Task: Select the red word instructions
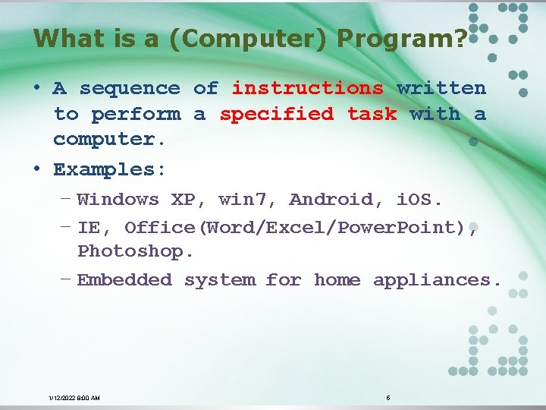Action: [307, 88]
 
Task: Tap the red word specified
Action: [277, 114]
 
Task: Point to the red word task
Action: [372, 114]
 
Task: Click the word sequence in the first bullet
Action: [130, 88]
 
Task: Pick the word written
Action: [441, 88]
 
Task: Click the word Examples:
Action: [109, 169]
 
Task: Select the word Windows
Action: [118, 200]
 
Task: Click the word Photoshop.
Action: [136, 251]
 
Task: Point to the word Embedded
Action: [124, 280]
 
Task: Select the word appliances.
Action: [437, 280]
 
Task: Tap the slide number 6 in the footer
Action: [388, 397]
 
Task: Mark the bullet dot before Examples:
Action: [37, 167]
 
